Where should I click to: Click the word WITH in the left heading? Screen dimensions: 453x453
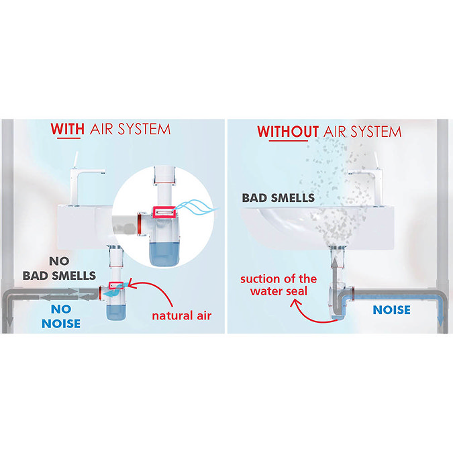pos(68,129)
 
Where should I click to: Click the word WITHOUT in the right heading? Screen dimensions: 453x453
pos(288,132)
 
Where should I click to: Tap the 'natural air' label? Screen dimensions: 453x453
pos(182,315)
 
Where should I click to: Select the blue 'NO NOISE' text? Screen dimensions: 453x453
pos(61,316)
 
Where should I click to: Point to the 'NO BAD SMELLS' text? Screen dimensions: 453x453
pos(59,268)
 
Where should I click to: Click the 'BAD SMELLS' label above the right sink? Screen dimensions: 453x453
pos(279,198)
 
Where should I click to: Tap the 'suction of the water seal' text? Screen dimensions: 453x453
pos(279,285)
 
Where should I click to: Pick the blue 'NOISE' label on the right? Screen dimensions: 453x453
pos(391,310)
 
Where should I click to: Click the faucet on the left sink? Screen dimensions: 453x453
pos(84,179)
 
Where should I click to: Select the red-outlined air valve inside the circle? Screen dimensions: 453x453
pos(164,212)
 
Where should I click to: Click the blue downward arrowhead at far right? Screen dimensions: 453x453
pos(440,323)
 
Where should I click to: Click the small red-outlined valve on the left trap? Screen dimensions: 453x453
pos(116,286)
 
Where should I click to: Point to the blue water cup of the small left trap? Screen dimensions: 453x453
pos(116,312)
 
